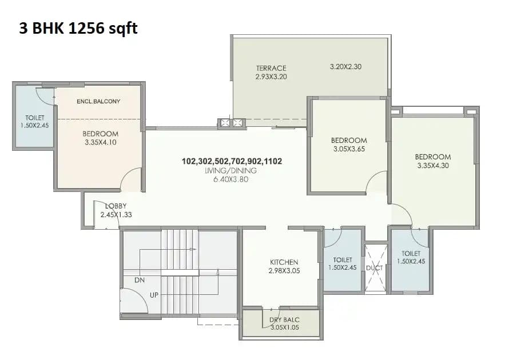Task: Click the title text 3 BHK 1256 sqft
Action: [78, 29]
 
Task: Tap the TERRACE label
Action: [271, 68]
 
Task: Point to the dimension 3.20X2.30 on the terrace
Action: [345, 66]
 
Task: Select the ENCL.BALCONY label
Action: [98, 101]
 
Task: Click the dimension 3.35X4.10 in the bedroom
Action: [100, 142]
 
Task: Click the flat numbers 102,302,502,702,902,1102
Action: [232, 161]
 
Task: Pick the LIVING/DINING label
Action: [232, 170]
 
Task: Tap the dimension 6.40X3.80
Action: [232, 179]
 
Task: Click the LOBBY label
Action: [115, 206]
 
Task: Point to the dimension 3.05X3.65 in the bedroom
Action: [349, 149]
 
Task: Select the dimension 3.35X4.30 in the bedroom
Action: [433, 165]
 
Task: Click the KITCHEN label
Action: [284, 262]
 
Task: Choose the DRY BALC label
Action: [284, 319]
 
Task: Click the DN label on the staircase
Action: [139, 281]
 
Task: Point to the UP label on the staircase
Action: [154, 294]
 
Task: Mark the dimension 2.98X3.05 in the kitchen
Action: [284, 271]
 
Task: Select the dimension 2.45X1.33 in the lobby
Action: [116, 215]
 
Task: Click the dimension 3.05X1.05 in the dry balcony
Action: [284, 328]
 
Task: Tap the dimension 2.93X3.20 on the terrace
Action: [271, 77]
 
